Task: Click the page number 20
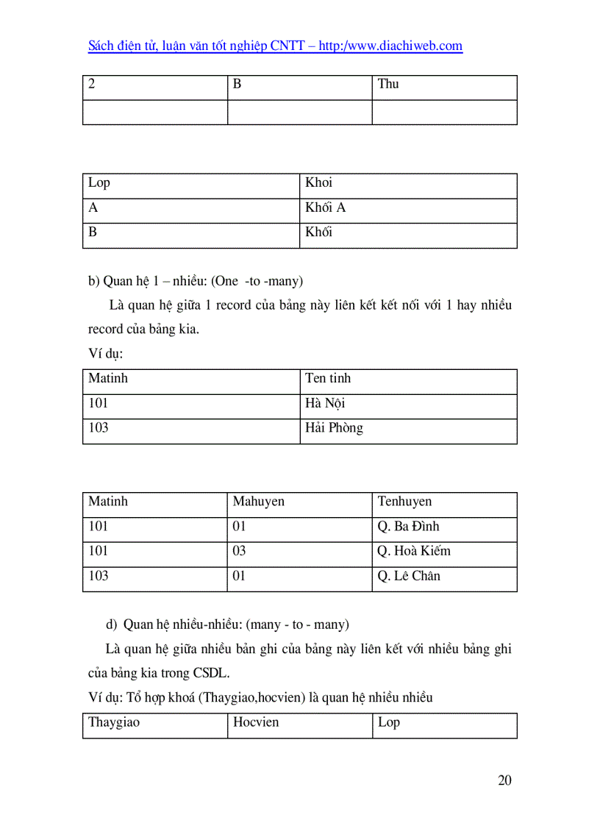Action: coord(504,780)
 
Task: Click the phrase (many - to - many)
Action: coord(298,624)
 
